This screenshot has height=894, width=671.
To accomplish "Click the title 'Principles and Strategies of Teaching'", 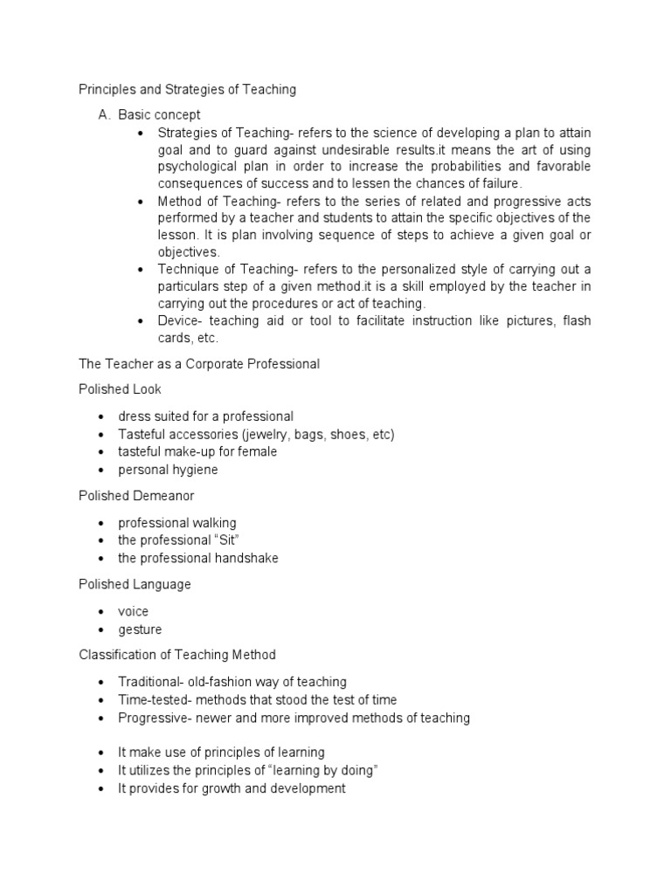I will pyautogui.click(x=188, y=89).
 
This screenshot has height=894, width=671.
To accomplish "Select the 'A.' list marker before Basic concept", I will pyautogui.click(x=107, y=114).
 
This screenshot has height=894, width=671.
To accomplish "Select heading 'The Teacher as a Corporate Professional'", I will pyautogui.click(x=199, y=363).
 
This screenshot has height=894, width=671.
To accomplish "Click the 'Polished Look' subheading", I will pyautogui.click(x=120, y=389).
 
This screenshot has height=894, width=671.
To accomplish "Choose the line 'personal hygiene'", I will pyautogui.click(x=168, y=470).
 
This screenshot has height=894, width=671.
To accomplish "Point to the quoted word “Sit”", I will pyautogui.click(x=227, y=540).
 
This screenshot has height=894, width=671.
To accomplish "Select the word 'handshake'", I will pyautogui.click(x=246, y=558).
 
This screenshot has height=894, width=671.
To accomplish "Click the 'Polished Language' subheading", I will pyautogui.click(x=135, y=584).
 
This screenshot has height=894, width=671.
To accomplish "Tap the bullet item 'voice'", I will pyautogui.click(x=134, y=611).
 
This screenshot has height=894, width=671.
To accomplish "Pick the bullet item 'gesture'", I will pyautogui.click(x=140, y=629).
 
